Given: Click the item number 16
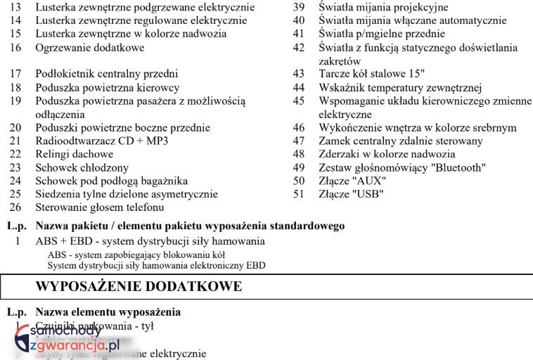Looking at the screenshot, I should coord(15,48).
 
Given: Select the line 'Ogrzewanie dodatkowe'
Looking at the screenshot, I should coord(90,48).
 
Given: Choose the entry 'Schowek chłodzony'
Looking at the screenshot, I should coord(82,167).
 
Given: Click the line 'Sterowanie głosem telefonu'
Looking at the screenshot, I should coord(100,207).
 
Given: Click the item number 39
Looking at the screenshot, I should coord(299,8).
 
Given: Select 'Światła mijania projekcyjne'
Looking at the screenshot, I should coord(383,8).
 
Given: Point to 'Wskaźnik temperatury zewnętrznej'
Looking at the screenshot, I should coord(399,87).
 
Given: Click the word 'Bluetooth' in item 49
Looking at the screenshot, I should coord(458,167).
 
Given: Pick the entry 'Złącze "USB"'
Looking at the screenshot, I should coord(351,194).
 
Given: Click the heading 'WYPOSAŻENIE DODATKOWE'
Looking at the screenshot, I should coord(139,287).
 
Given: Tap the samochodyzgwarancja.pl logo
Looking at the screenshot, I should coord(67,337).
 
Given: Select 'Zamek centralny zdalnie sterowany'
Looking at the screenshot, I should coord(401,141).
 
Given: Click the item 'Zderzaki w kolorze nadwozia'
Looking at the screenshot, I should coord(387,154).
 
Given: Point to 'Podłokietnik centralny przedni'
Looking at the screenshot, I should coord(107,74).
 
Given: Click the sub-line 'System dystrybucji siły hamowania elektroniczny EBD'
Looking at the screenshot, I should coord(156,266).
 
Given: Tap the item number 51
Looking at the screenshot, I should coord(299,194).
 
